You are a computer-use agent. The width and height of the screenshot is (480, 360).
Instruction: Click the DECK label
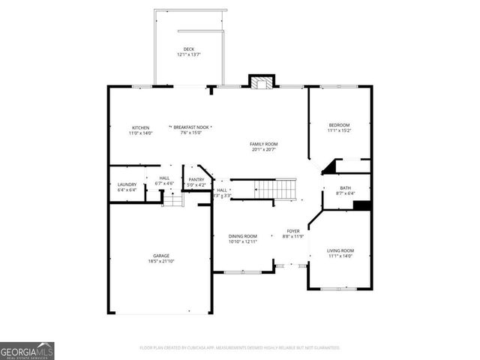pos(189,49)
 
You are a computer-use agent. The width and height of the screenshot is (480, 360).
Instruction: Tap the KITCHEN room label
pos(140,127)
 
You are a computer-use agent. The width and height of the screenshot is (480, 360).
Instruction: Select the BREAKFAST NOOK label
pos(191,127)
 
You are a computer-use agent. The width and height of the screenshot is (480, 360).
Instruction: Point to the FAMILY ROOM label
pos(265,143)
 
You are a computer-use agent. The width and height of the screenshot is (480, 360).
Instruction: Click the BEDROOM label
pos(339,124)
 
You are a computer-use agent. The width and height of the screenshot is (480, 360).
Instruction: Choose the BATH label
pos(345,188)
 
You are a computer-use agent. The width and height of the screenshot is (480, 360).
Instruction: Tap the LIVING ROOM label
pos(340,250)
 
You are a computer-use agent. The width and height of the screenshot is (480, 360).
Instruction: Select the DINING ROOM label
pos(243,236)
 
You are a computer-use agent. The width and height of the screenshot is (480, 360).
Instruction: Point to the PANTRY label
pos(196,179)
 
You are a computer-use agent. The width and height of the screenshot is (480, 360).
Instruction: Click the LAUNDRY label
pos(126,184)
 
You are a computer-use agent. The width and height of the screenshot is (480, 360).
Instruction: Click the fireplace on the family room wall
pos(260,82)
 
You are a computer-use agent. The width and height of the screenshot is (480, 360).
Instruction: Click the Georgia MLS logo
pos(27,350)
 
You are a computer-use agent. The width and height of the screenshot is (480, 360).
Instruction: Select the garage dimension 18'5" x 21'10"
pos(161,261)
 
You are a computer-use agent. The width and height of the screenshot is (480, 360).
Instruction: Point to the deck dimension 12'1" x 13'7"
pos(189,55)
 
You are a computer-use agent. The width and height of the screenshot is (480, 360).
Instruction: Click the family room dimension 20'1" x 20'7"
pos(265,148)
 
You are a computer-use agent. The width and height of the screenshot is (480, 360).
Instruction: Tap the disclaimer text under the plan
pos(240,348)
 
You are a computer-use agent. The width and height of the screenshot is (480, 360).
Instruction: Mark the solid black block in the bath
pos(361,205)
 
